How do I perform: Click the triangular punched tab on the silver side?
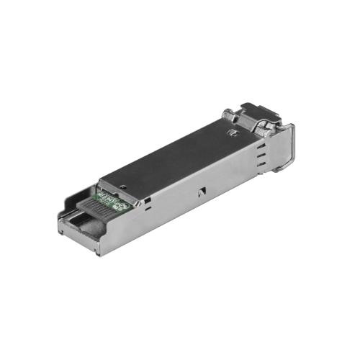(202, 192)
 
